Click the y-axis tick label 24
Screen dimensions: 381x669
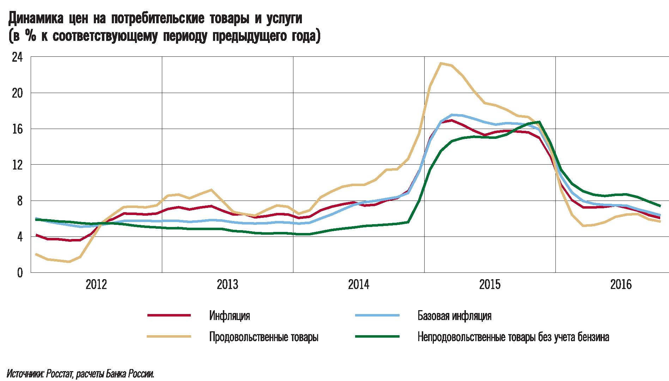17,57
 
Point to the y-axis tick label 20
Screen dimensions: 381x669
17,93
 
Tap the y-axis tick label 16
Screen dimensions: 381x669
17,129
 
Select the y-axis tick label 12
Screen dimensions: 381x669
17,165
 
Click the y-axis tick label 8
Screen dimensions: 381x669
19,201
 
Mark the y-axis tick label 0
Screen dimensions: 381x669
20,272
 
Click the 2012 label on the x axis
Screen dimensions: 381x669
96,284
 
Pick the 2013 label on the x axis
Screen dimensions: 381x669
227,284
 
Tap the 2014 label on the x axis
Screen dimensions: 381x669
359,284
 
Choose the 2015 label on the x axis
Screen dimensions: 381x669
490,284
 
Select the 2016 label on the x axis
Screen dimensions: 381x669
621,284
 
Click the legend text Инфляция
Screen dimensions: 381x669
230,315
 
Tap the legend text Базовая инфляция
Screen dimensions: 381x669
454,315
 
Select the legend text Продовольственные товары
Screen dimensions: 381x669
264,337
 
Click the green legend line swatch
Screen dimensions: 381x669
377,337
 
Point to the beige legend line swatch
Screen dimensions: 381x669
169,337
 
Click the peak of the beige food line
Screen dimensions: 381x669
441,63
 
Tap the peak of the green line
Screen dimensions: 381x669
540,122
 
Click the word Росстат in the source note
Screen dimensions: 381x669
60,374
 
